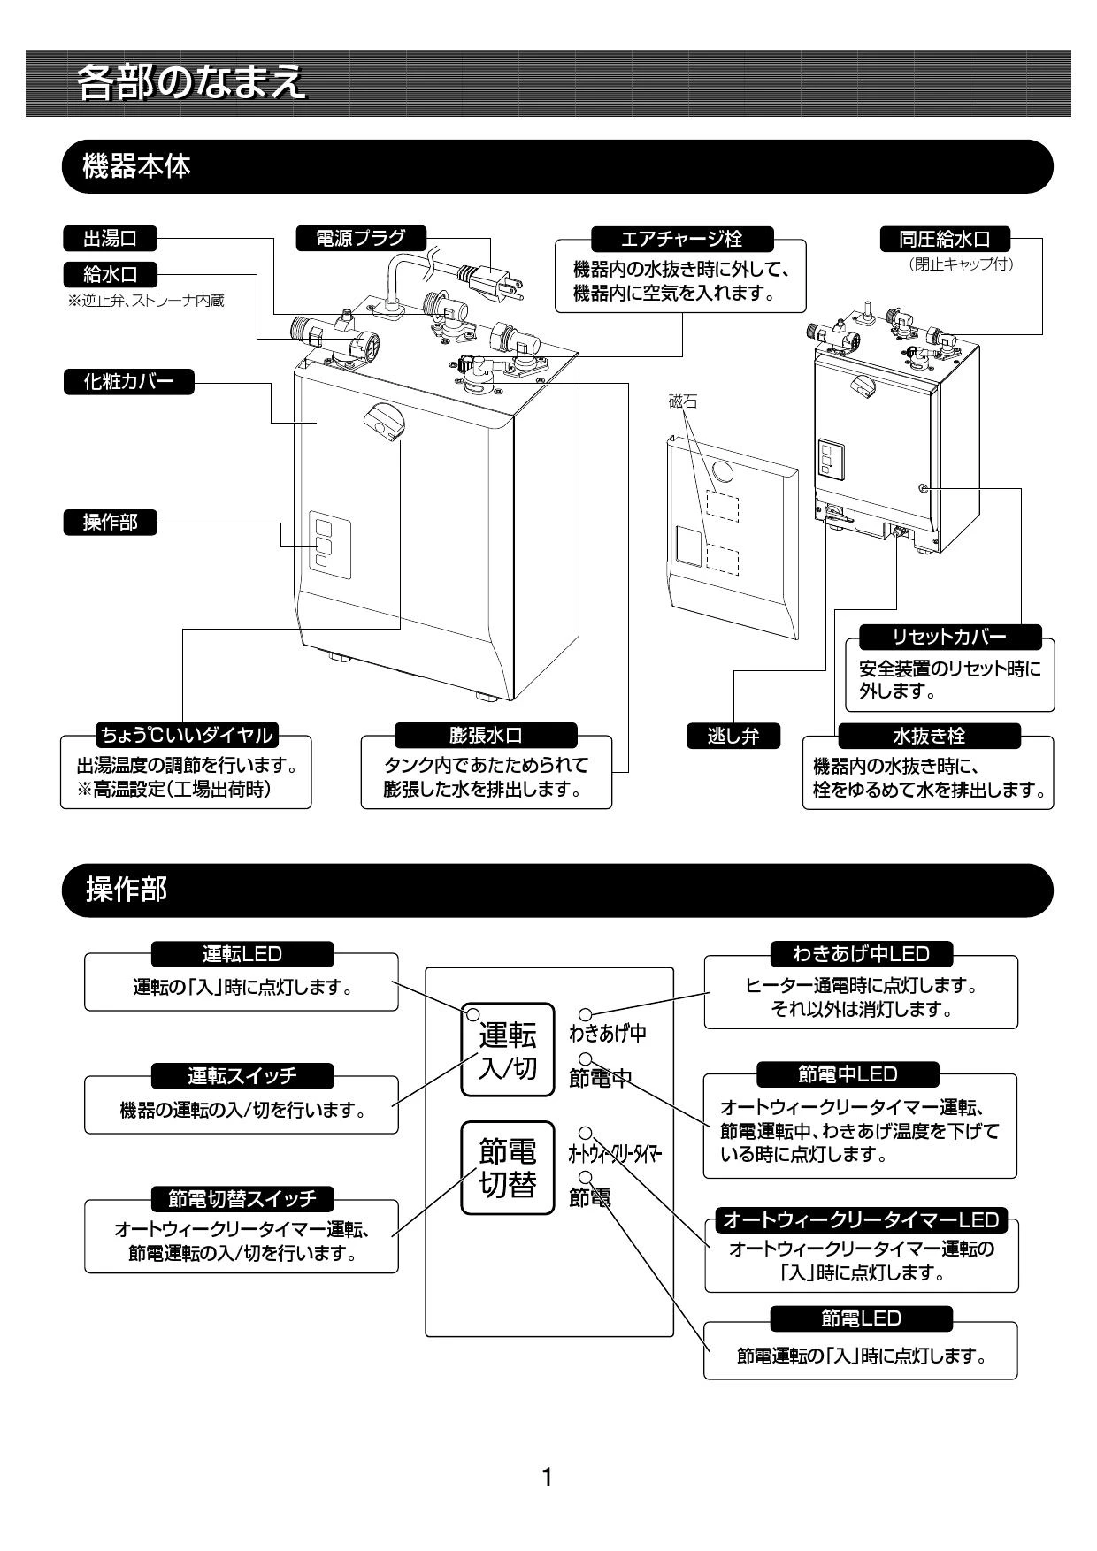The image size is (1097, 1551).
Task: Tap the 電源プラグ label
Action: point(361,238)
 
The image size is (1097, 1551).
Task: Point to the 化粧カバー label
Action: point(128,383)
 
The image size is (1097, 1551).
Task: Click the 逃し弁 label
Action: point(733,736)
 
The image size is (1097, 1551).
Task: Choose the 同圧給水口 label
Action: point(945,239)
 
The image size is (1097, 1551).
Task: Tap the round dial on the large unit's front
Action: point(385,419)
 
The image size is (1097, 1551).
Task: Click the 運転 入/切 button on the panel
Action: point(508,1050)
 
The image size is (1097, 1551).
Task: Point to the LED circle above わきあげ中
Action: point(586,1014)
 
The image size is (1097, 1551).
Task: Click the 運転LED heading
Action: point(242,954)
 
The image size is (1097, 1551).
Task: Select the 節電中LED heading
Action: point(848,1074)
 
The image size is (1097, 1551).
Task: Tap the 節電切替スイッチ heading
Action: point(242,1199)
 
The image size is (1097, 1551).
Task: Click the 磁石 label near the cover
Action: point(682,402)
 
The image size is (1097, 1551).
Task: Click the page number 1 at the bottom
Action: point(547,1477)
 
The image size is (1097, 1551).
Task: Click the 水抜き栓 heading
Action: point(929,736)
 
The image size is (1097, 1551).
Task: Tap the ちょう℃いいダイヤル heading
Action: point(186,735)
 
